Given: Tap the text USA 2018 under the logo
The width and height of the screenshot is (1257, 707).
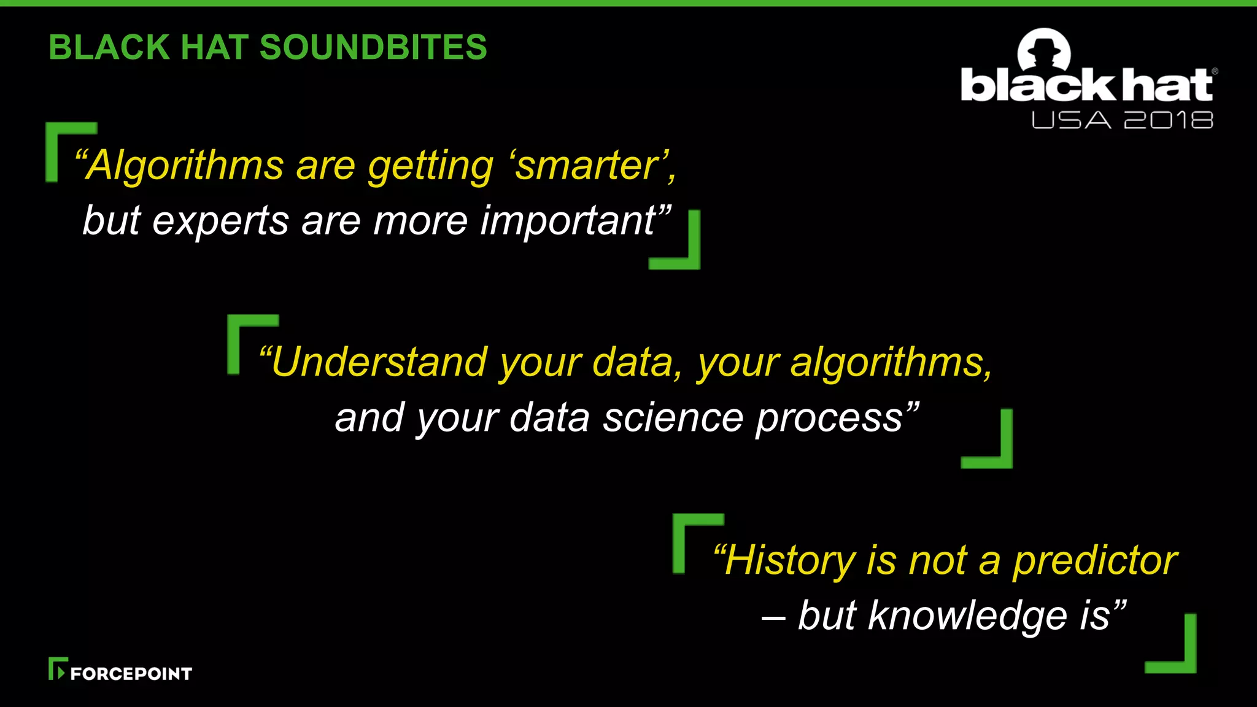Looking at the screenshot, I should tap(1122, 120).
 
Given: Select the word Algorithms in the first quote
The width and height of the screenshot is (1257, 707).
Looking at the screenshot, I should tap(184, 166).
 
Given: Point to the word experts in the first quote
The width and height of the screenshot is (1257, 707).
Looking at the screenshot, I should tap(220, 221).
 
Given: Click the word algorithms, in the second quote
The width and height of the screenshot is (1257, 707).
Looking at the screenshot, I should tap(890, 362).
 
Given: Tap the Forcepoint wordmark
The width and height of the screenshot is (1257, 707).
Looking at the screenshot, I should tap(131, 674).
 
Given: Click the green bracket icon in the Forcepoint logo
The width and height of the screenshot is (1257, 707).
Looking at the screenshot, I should tap(56, 668).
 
